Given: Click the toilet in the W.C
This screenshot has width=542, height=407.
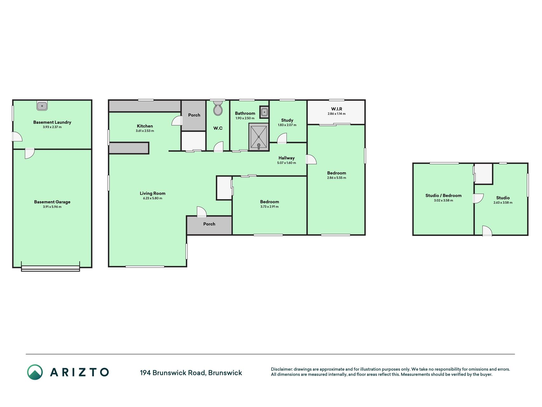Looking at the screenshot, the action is (218, 108).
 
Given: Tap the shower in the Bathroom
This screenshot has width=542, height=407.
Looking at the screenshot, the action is (259, 137).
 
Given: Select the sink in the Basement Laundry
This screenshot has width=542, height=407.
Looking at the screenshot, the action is (42, 106).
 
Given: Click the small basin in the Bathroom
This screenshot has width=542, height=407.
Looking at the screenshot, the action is (264, 112).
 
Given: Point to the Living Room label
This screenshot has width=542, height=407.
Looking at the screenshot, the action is (152, 193).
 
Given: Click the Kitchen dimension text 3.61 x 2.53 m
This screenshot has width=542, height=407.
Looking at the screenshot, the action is (145, 131).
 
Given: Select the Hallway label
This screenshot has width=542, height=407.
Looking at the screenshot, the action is (286, 158).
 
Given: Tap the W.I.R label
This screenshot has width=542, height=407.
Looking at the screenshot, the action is (337, 109).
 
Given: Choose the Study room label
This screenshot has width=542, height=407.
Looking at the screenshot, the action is (287, 120).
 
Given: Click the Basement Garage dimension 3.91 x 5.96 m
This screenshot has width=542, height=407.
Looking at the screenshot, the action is (52, 207).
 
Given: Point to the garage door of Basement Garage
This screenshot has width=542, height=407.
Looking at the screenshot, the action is (50, 269).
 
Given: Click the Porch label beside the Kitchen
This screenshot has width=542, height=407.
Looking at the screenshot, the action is (194, 115).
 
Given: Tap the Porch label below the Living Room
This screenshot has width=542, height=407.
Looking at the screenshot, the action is (209, 224).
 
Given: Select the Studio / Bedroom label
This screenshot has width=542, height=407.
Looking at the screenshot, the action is (443, 196).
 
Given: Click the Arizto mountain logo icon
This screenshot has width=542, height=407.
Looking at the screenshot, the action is (35, 372).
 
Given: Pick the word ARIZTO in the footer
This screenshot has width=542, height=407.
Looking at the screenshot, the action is (79, 372).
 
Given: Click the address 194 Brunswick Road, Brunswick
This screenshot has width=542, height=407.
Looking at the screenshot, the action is (191, 373).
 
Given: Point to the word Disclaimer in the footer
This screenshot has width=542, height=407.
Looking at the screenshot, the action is (281, 369).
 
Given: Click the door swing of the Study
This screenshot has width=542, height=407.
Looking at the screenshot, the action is (282, 139).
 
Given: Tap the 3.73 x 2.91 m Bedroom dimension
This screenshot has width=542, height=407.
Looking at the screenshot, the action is (269, 207).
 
